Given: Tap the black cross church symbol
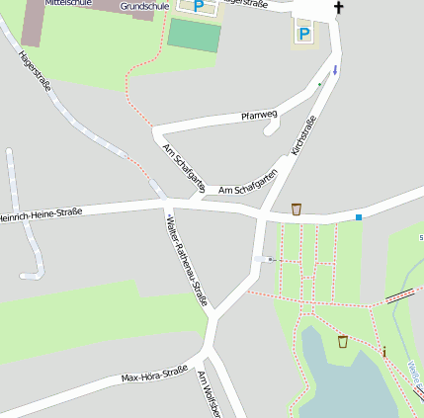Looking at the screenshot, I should coord(339,8).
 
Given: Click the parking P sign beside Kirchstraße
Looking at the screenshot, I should coord(303,35).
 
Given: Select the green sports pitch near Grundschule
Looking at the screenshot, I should coord(194,36).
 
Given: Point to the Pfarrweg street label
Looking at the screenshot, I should coord(260,116).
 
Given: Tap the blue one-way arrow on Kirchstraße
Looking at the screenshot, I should coord(335,70).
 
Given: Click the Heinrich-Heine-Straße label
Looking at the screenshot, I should coord(40,213).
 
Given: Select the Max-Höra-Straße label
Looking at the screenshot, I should coord(154,376).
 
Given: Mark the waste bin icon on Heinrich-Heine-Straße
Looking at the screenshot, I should coord(297,209).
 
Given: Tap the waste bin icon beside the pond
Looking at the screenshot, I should coord(343,341).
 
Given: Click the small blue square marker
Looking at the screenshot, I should coord(359,216).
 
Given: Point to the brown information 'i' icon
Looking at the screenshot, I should coord(384,352).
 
